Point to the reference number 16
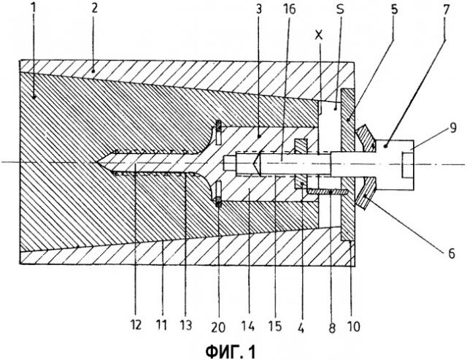click(285, 13)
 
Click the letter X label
click(320, 34)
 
